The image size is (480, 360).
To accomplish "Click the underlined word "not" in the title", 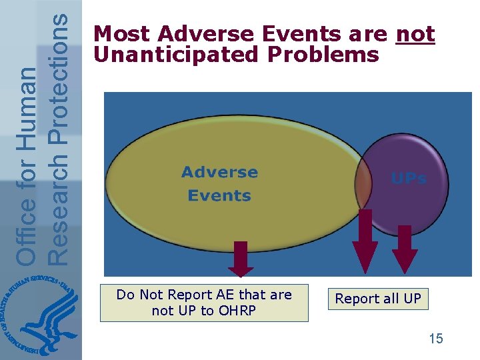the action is coord(415,34).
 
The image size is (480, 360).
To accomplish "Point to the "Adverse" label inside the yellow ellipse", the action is coord(219,173).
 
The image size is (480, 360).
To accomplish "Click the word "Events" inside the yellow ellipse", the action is coord(219,196).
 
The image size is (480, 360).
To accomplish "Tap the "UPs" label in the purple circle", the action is coord(408,179).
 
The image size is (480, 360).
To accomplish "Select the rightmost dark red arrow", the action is coord(405,249).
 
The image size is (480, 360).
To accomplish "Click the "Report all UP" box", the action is coord(378,299).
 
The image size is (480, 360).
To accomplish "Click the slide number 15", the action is coord(435,339).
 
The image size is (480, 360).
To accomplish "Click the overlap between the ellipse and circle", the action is coord(364,183).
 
